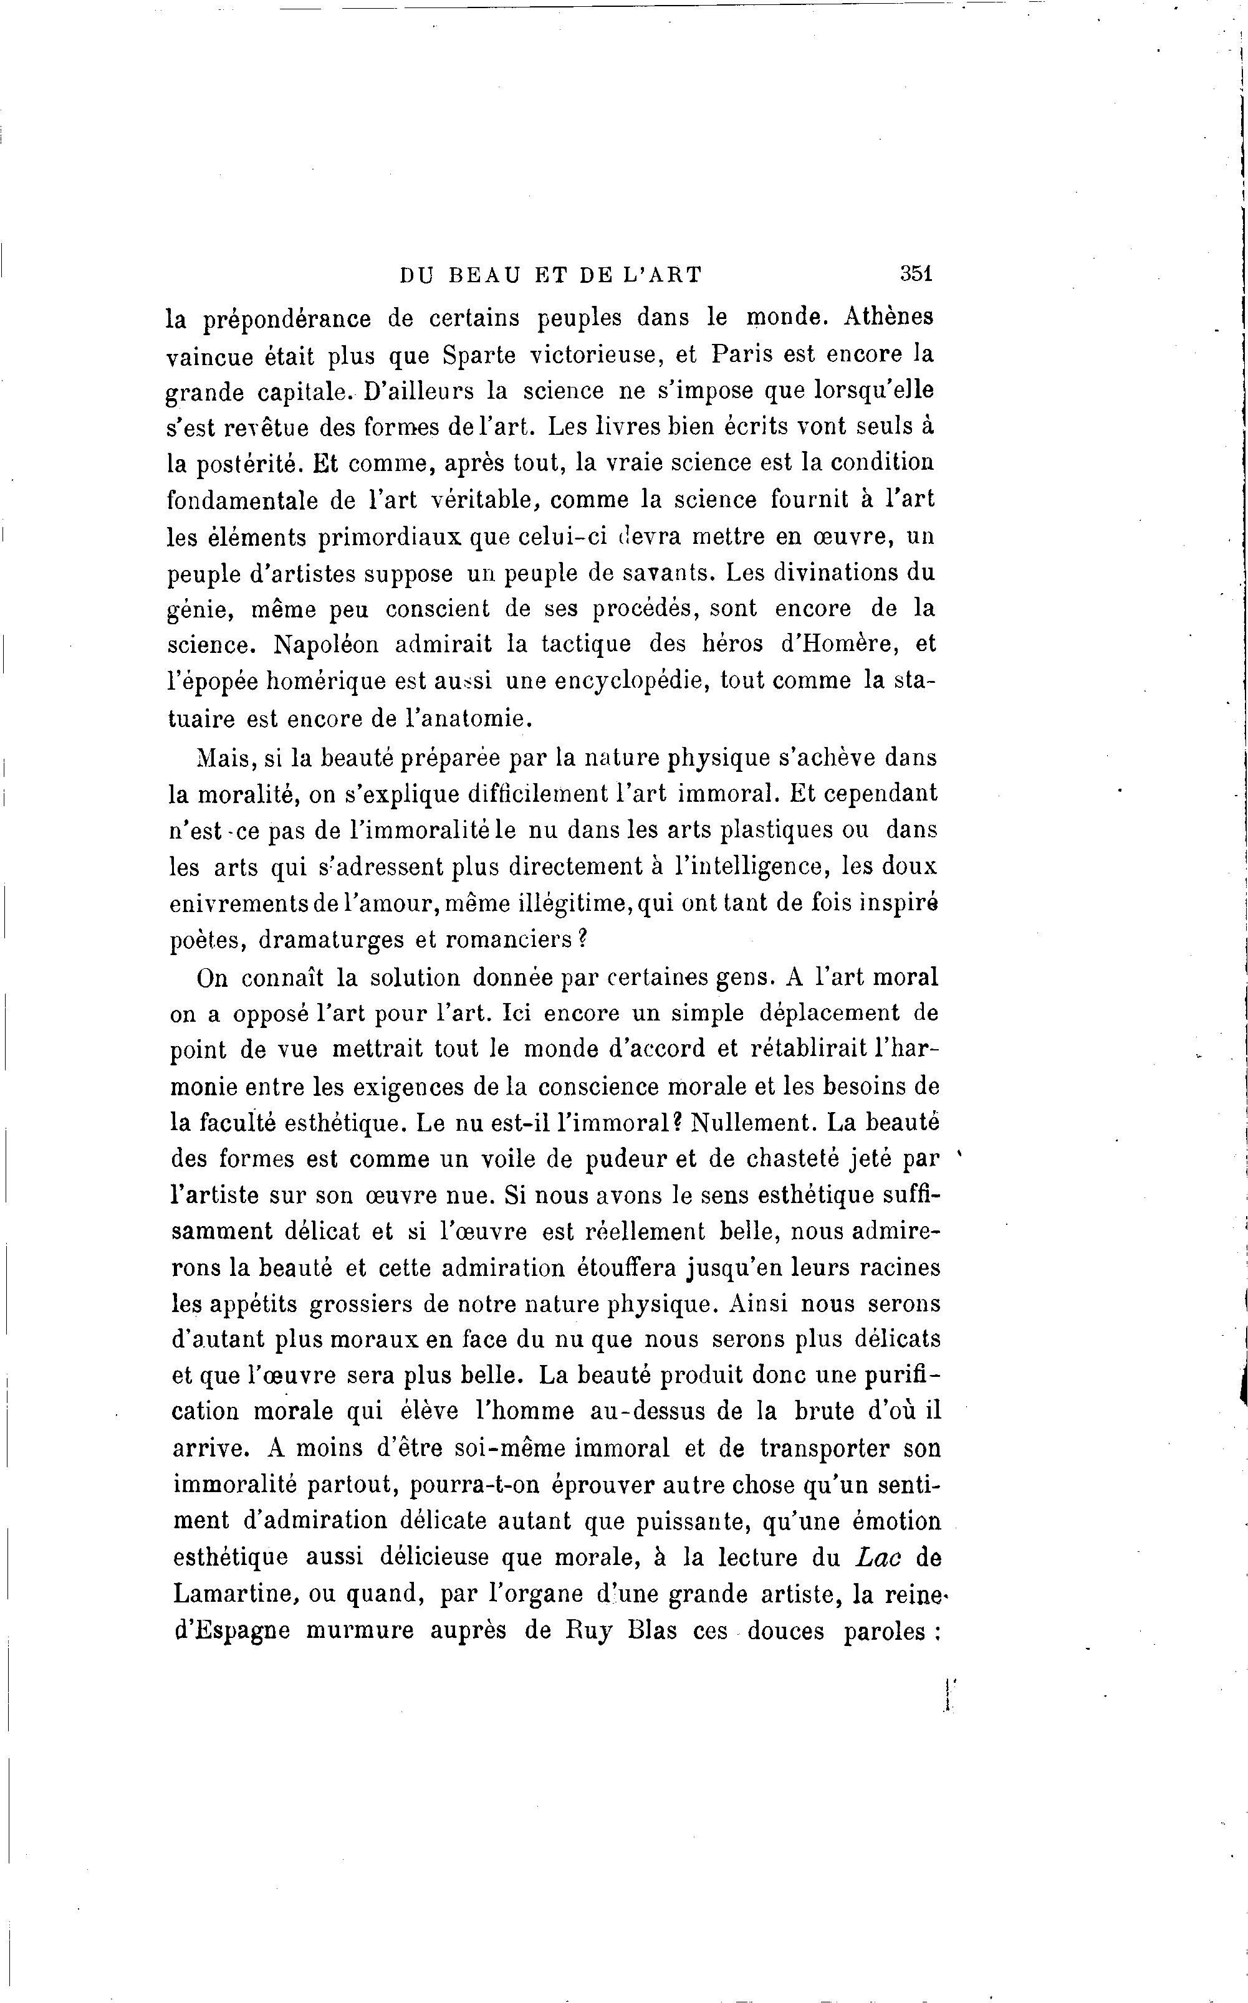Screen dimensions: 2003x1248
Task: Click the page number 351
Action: (x=916, y=274)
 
